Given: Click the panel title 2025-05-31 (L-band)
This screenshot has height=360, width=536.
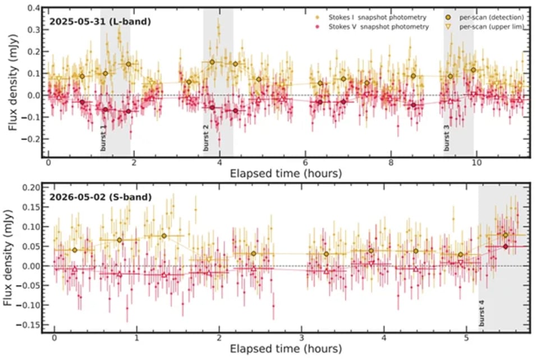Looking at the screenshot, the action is [x=100, y=21].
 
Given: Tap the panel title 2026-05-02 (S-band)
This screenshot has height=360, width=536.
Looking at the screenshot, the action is [x=100, y=197].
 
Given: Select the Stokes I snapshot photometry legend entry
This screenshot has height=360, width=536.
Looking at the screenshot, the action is [x=371, y=17].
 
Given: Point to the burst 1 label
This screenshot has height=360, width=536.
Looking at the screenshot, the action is [x=103, y=139].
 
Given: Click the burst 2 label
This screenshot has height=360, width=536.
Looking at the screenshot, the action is [x=206, y=138].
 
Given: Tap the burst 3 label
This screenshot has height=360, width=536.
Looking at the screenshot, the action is [x=446, y=138].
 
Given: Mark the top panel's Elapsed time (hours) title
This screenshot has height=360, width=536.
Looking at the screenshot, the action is [x=286, y=173].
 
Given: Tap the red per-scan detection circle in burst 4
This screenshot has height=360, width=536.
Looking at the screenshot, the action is [x=506, y=246].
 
